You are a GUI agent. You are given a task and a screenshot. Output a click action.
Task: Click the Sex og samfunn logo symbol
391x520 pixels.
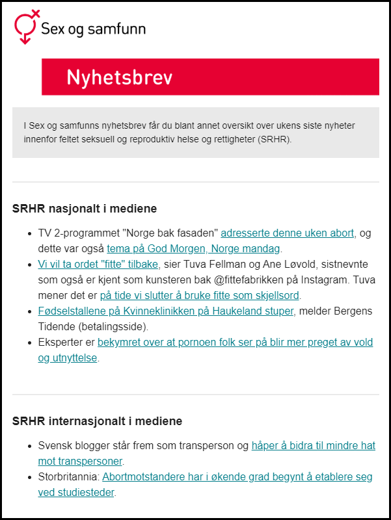click(x=25, y=27)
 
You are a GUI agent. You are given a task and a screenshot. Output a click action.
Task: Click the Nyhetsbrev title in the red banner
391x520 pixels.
click(x=120, y=78)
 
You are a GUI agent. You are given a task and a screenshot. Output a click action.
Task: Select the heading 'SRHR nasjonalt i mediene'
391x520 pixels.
click(x=85, y=209)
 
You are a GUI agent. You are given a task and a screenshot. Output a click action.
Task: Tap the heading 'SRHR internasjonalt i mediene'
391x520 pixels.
click(x=97, y=421)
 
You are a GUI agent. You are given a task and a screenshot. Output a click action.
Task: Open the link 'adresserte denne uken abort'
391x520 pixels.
click(x=288, y=233)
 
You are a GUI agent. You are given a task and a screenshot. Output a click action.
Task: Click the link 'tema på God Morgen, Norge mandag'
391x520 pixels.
click(x=193, y=248)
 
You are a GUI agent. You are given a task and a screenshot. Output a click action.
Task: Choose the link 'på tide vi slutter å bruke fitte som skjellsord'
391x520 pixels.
click(x=199, y=295)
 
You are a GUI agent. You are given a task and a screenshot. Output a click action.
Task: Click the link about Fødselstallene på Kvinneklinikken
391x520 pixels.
click(x=166, y=311)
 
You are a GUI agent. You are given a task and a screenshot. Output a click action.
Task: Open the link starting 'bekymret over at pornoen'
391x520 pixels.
click(x=235, y=342)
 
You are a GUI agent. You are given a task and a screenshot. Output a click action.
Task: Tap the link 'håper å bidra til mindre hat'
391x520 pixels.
click(x=313, y=446)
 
